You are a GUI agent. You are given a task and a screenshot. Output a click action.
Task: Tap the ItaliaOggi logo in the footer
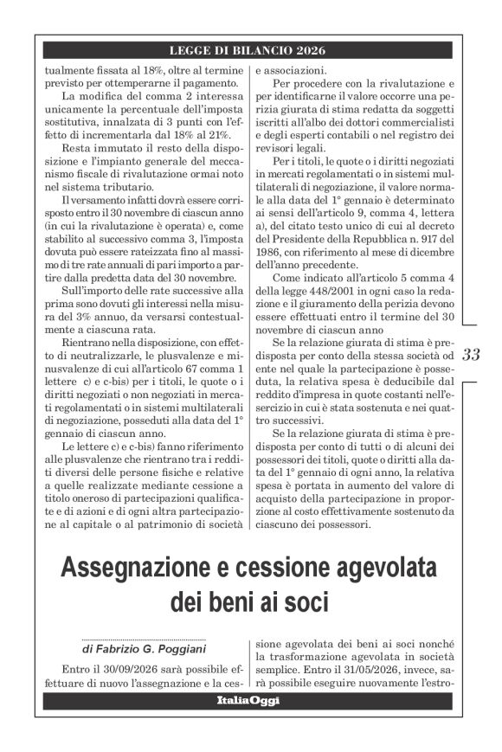(x=248, y=700)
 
